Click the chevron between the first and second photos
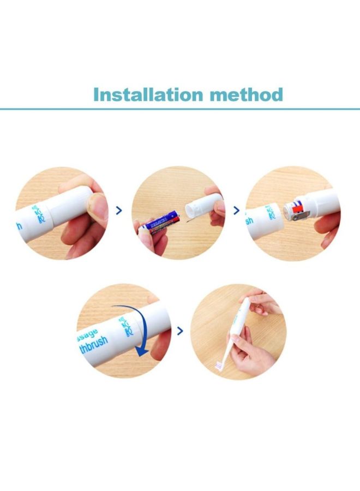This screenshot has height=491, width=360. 119,210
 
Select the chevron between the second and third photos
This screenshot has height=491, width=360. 236,210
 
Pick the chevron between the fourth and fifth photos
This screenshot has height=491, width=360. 180,330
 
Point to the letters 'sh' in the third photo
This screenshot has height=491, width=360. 250,221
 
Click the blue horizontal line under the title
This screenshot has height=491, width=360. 180,109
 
